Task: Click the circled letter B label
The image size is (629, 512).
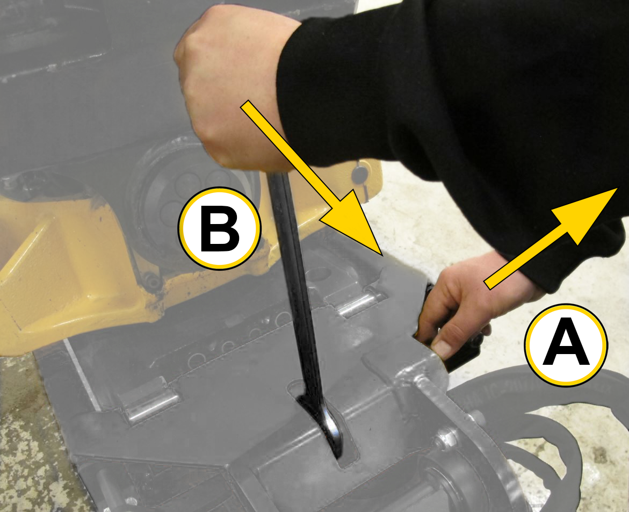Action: tap(220, 228)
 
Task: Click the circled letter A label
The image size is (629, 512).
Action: tap(566, 345)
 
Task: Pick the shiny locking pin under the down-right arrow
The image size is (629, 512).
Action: tap(359, 304)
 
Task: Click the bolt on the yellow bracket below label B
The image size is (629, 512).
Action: tap(151, 282)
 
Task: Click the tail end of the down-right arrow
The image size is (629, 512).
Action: tap(245, 105)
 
